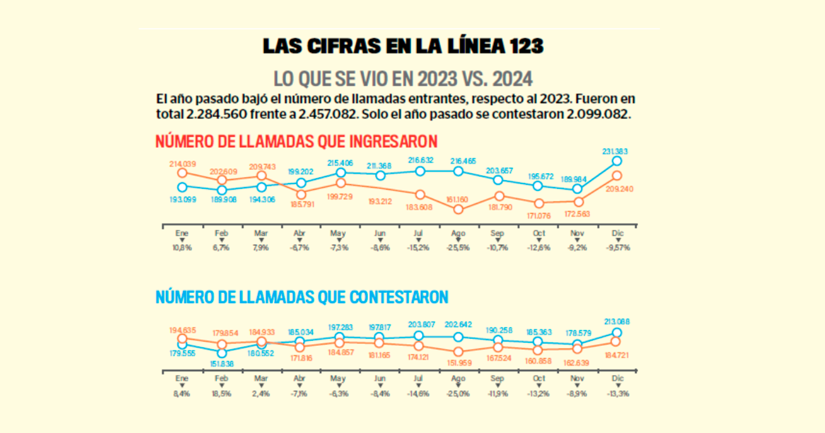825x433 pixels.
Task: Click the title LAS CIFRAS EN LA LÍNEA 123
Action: [402, 46]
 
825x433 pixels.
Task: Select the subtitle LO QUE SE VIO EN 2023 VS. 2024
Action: [402, 79]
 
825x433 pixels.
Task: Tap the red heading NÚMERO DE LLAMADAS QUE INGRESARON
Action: [296, 141]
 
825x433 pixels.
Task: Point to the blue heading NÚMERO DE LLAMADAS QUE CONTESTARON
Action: [302, 297]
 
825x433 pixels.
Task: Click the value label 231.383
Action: [616, 151]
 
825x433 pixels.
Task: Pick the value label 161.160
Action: [458, 199]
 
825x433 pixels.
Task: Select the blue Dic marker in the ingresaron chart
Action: [617, 161]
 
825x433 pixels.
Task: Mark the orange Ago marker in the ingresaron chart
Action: [458, 209]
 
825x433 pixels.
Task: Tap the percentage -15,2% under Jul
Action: [420, 248]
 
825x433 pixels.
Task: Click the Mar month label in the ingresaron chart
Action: [261, 233]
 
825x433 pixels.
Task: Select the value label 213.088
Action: [616, 322]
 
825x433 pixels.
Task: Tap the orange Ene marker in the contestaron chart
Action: [182, 339]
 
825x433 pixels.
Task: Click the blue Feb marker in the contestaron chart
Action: [222, 352]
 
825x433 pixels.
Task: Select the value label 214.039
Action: [182, 163]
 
